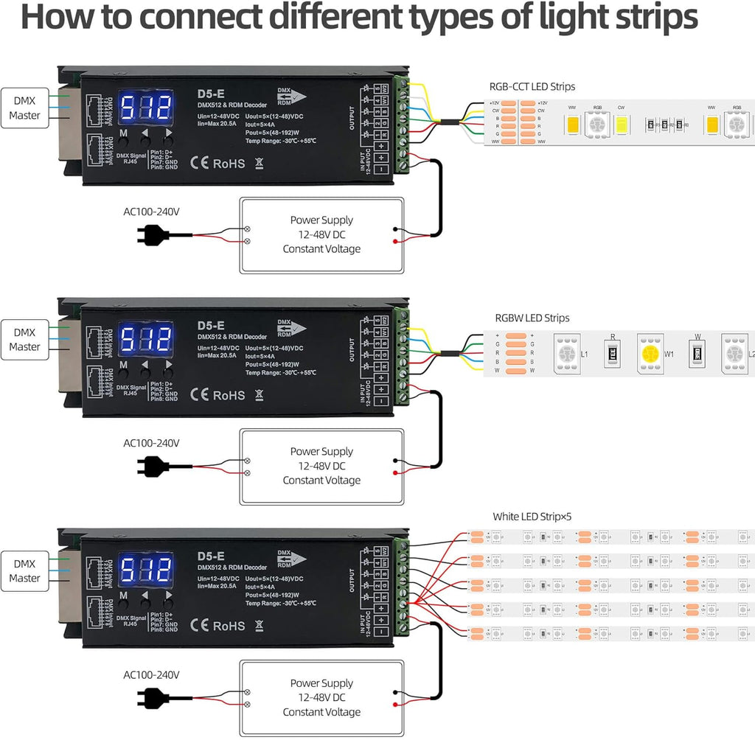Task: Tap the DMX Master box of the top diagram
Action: pos(25,108)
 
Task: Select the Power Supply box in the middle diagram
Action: pos(321,466)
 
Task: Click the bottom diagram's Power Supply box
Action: pos(321,697)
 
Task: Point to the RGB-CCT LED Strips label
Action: pos(532,87)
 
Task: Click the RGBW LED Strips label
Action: pos(532,318)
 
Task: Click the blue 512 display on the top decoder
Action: pos(145,108)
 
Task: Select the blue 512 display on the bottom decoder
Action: pos(145,571)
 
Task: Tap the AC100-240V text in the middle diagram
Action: pos(151,443)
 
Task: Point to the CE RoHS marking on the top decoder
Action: pos(218,164)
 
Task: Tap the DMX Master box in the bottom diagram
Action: pos(25,570)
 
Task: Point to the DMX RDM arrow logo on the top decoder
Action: pos(292,97)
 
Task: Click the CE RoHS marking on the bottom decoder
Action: pos(218,626)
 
